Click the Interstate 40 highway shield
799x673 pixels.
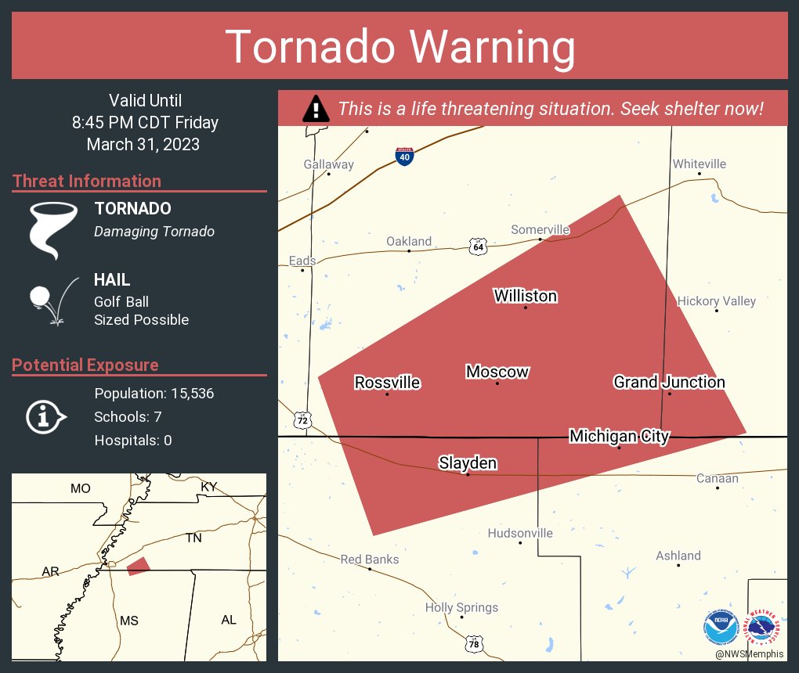point(404,156)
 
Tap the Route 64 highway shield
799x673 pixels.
point(478,247)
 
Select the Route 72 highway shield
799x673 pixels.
point(303,420)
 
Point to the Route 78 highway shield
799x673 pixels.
point(474,643)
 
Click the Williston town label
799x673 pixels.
point(525,296)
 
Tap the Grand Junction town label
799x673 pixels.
point(669,382)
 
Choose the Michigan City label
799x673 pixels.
point(619,436)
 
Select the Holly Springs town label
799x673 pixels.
point(461,607)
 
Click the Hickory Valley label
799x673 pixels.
point(716,301)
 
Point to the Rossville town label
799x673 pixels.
point(387,383)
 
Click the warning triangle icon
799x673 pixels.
point(316,109)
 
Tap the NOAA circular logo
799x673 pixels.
point(721,626)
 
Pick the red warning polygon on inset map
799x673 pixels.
point(138,566)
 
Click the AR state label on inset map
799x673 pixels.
point(51,572)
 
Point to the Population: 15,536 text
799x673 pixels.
point(154,393)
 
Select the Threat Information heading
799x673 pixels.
point(87,182)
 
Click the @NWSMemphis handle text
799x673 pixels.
point(750,653)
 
